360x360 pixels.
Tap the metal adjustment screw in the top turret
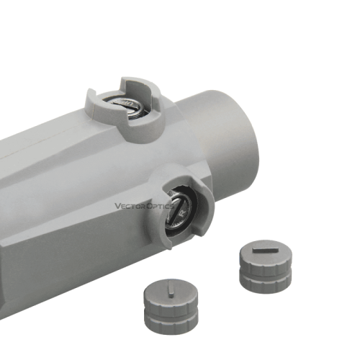coord(127,106)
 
